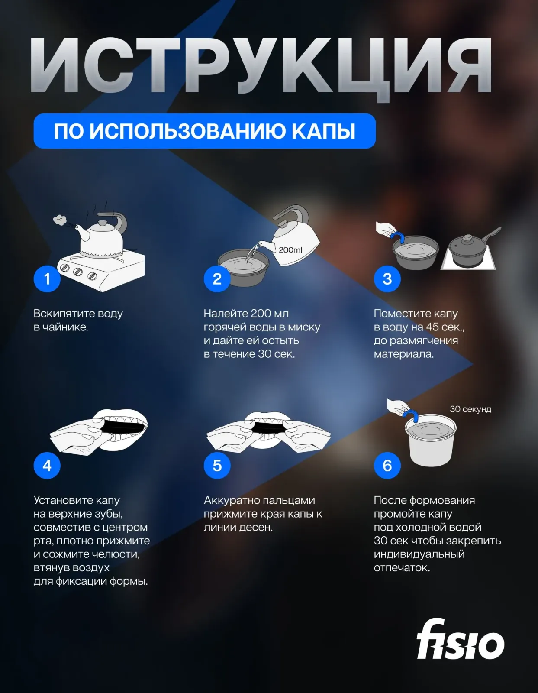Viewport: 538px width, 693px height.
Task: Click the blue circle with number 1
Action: click(x=47, y=279)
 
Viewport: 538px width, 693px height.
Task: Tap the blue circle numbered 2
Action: click(x=217, y=279)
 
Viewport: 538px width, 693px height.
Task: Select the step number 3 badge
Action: click(x=387, y=279)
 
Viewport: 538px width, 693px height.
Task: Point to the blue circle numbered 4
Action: click(x=47, y=465)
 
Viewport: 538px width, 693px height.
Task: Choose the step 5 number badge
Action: click(x=217, y=465)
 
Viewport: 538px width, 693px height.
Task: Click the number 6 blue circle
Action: click(x=387, y=465)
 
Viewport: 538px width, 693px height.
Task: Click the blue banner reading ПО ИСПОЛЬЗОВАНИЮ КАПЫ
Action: click(x=204, y=131)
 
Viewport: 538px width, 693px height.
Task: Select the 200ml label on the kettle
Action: click(x=290, y=250)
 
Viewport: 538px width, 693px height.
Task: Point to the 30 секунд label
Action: click(x=470, y=409)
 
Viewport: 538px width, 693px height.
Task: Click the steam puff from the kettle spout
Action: click(x=60, y=220)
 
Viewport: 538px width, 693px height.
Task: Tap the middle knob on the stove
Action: click(x=78, y=272)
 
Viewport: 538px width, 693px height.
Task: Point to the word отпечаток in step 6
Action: click(x=402, y=568)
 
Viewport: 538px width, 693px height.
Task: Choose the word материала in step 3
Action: click(x=403, y=354)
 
